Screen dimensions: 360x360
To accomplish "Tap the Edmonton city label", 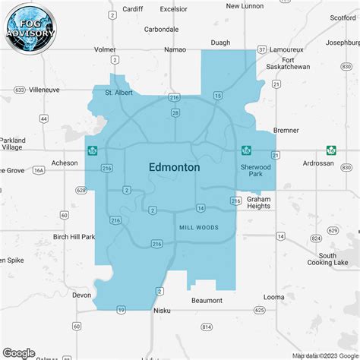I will (x=174, y=166).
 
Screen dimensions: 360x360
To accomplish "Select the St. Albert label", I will (x=118, y=93).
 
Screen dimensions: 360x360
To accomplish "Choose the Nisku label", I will (x=161, y=310).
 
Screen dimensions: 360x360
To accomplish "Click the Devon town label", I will (x=81, y=295).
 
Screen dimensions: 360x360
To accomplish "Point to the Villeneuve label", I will (x=44, y=89).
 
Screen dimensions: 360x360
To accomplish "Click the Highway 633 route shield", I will (x=18, y=89).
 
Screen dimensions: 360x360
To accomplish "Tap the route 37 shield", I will (x=261, y=49).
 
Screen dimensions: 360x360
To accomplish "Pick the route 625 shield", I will (x=260, y=310).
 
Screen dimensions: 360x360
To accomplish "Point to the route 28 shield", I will (x=175, y=112).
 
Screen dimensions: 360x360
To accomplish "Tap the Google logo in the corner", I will (x=19, y=352).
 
